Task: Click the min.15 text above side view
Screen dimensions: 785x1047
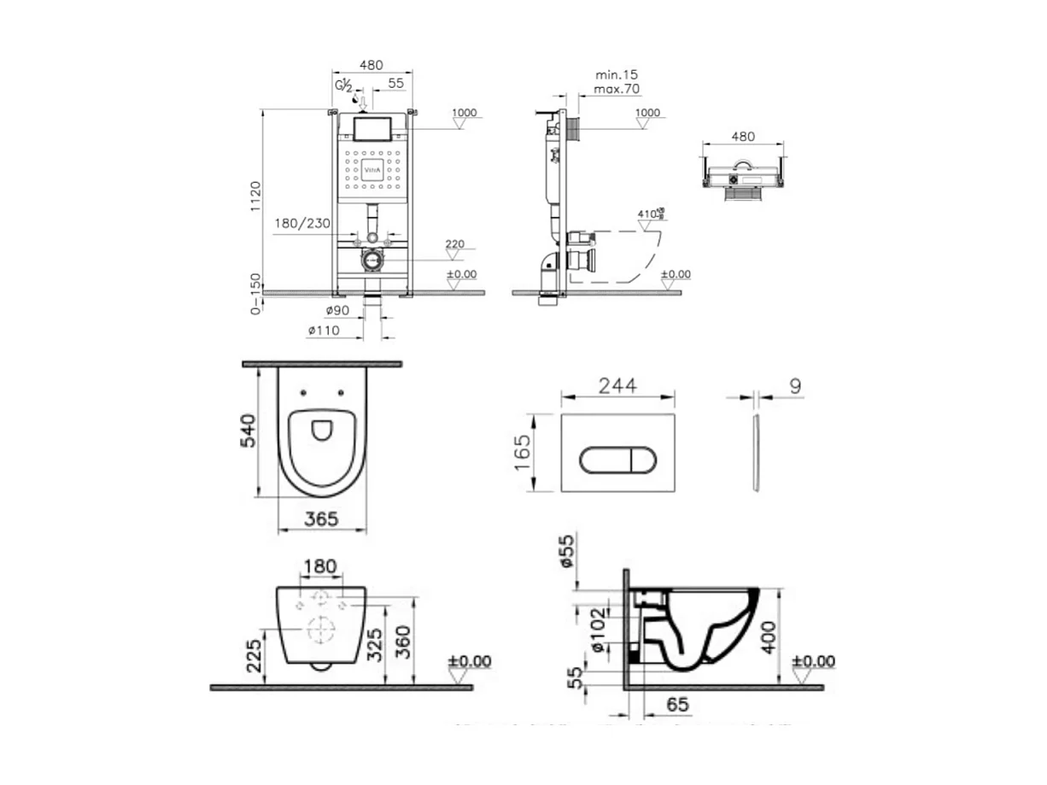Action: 616,75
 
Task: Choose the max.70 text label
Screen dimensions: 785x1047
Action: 617,89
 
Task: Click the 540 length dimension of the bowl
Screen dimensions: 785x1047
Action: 249,435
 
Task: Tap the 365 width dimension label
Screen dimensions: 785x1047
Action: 321,518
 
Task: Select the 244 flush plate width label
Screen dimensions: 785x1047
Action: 617,385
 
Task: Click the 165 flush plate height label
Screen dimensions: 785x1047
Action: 523,453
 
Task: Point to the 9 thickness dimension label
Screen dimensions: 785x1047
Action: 795,387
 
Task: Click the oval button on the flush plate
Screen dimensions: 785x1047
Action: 617,460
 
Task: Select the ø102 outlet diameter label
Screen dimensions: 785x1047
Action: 598,630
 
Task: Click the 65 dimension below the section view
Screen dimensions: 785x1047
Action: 677,705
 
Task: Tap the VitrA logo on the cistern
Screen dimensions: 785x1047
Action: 374,169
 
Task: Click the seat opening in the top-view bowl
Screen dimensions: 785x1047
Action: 322,429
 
